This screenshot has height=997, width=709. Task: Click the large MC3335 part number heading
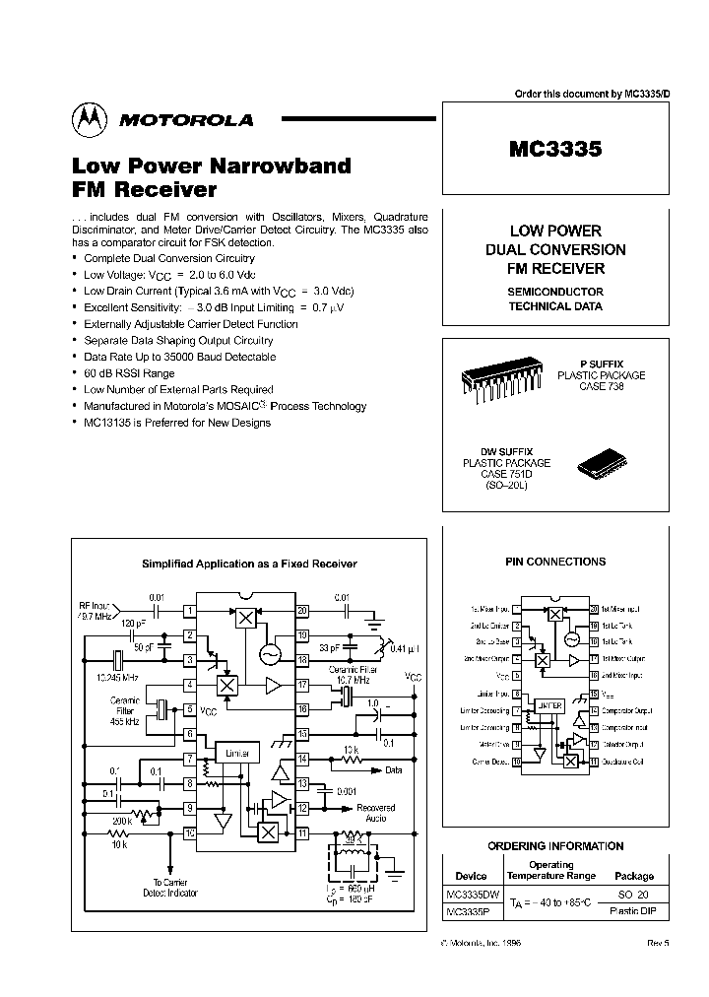[x=555, y=149]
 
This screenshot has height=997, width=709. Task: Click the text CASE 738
[x=601, y=386]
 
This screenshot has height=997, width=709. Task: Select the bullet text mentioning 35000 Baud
[x=180, y=357]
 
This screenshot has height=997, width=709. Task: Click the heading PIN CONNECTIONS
[x=555, y=562]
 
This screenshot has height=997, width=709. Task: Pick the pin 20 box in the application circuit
[x=302, y=610]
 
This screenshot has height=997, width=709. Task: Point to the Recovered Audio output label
[x=376, y=813]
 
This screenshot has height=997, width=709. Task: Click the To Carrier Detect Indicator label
[x=175, y=888]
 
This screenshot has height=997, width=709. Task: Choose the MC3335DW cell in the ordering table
[x=472, y=895]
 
